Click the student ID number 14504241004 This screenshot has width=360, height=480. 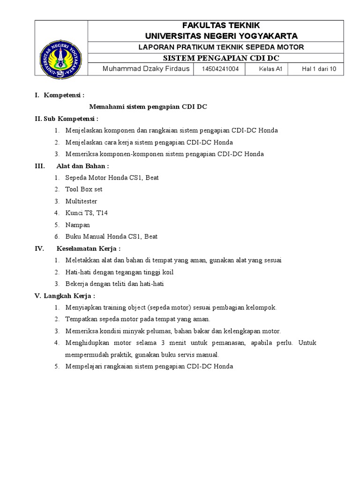pos(220,69)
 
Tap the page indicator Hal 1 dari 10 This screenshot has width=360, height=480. pos(319,69)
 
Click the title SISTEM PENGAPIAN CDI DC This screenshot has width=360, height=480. pos(221,58)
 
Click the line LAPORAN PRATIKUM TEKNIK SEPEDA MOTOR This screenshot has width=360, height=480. pos(221,47)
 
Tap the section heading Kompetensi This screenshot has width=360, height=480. pos(64,95)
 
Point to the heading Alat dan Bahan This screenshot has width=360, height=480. pos(82,165)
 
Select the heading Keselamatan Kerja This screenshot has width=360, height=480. pos(89,248)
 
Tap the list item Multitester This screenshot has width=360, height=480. pos(82,201)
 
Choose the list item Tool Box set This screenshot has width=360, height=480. pos(84,189)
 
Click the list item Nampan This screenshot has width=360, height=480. pos(78,225)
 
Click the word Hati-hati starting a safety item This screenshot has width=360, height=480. pos(78,272)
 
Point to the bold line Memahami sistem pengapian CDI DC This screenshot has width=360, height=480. pos(148,107)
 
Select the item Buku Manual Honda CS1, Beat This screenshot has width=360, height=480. pos(111,237)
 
